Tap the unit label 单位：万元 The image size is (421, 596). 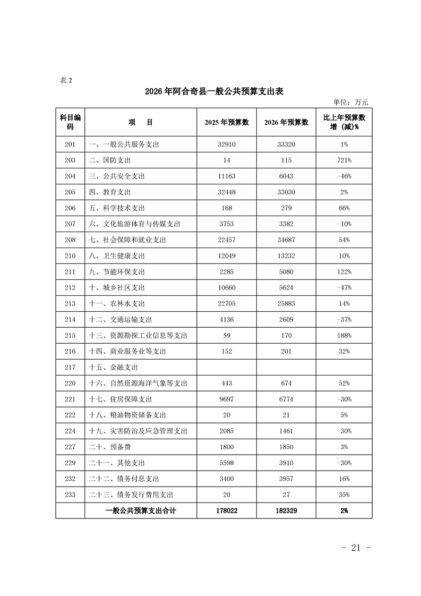tap(350, 103)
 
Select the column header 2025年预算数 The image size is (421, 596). tap(227, 122)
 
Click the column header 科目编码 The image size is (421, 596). tap(70, 122)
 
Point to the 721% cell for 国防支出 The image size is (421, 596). tap(344, 160)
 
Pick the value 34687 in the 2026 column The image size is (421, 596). tap(286, 240)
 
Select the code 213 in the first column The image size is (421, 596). tap(70, 303)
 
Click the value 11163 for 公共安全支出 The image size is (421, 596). tap(227, 176)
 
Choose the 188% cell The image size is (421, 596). tap(344, 335)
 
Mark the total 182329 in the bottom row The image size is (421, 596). tap(286, 510)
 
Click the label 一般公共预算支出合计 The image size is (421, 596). tap(141, 510)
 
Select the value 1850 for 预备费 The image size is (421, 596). tap(286, 447)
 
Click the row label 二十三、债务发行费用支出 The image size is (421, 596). tap(131, 495)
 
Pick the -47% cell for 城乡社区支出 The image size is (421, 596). tap(344, 287)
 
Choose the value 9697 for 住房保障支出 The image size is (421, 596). tap(227, 399)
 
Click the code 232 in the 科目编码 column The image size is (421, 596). tap(70, 479)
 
